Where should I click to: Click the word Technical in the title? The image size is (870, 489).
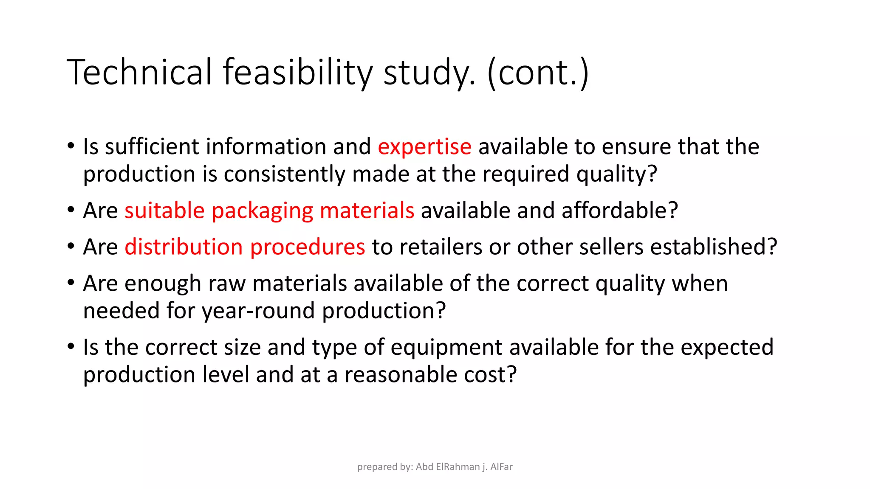coord(139,72)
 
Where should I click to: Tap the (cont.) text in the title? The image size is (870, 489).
coord(538,72)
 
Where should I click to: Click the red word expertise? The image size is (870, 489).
coord(424,147)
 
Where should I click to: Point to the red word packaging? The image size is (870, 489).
coord(262,211)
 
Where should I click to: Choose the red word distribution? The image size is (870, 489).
coord(184,247)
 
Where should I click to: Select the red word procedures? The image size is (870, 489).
coord(308,247)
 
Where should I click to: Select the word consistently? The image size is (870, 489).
coord(285,174)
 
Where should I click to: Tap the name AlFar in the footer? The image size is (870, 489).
coord(501,467)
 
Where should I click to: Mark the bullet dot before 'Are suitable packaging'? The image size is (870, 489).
coord(71,210)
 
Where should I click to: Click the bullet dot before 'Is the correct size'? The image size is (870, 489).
coord(71,347)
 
